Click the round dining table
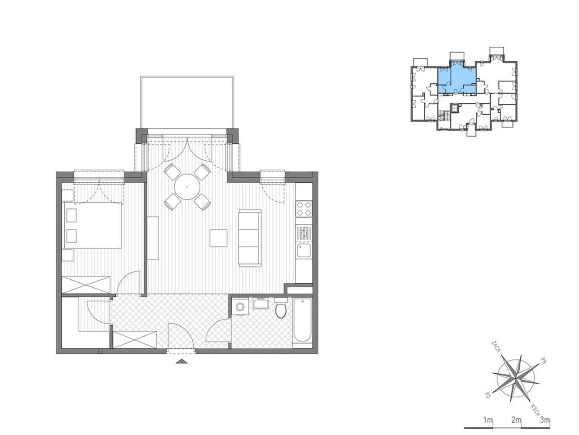(x=187, y=186)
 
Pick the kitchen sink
(x=303, y=250)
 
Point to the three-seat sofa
(x=250, y=237)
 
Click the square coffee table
(x=219, y=238)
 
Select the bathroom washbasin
(x=261, y=303)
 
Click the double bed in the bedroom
(x=93, y=226)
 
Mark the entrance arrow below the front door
(x=181, y=361)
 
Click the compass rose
(x=515, y=376)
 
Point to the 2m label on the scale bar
(x=516, y=420)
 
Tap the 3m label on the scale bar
(x=545, y=420)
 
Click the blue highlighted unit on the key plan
(x=457, y=78)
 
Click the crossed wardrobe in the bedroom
(x=86, y=285)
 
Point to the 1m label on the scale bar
(x=488, y=420)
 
